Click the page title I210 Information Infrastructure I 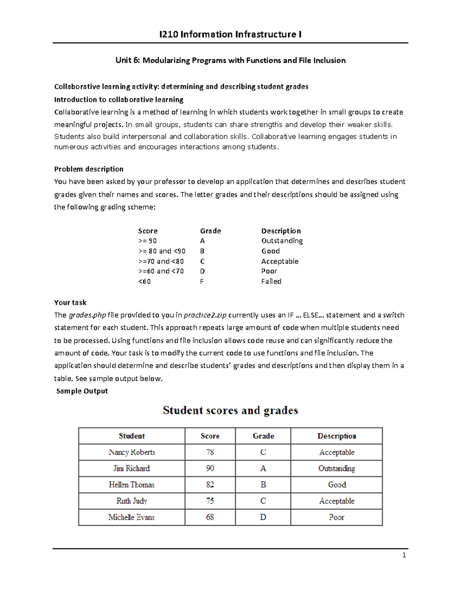pyautogui.click(x=230, y=35)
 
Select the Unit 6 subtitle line pyautogui.click(x=230, y=60)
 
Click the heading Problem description pyautogui.click(x=89, y=169)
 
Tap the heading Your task pyautogui.click(x=70, y=303)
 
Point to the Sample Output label pyautogui.click(x=82, y=391)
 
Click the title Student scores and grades pyautogui.click(x=230, y=411)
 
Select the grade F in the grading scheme pyautogui.click(x=202, y=281)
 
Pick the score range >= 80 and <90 pyautogui.click(x=162, y=251)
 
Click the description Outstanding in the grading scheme pyautogui.click(x=282, y=241)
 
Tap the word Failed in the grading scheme pyautogui.click(x=271, y=281)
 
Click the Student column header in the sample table pyautogui.click(x=132, y=436)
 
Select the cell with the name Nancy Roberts pyautogui.click(x=132, y=452)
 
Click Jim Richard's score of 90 pyautogui.click(x=210, y=469)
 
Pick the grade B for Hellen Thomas pyautogui.click(x=263, y=485)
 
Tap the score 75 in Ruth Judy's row pyautogui.click(x=210, y=501)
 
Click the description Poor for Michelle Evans pyautogui.click(x=337, y=517)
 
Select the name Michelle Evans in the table pyautogui.click(x=131, y=517)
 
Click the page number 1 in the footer pyautogui.click(x=404, y=555)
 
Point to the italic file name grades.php pyautogui.click(x=87, y=315)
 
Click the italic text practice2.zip pyautogui.click(x=205, y=315)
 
